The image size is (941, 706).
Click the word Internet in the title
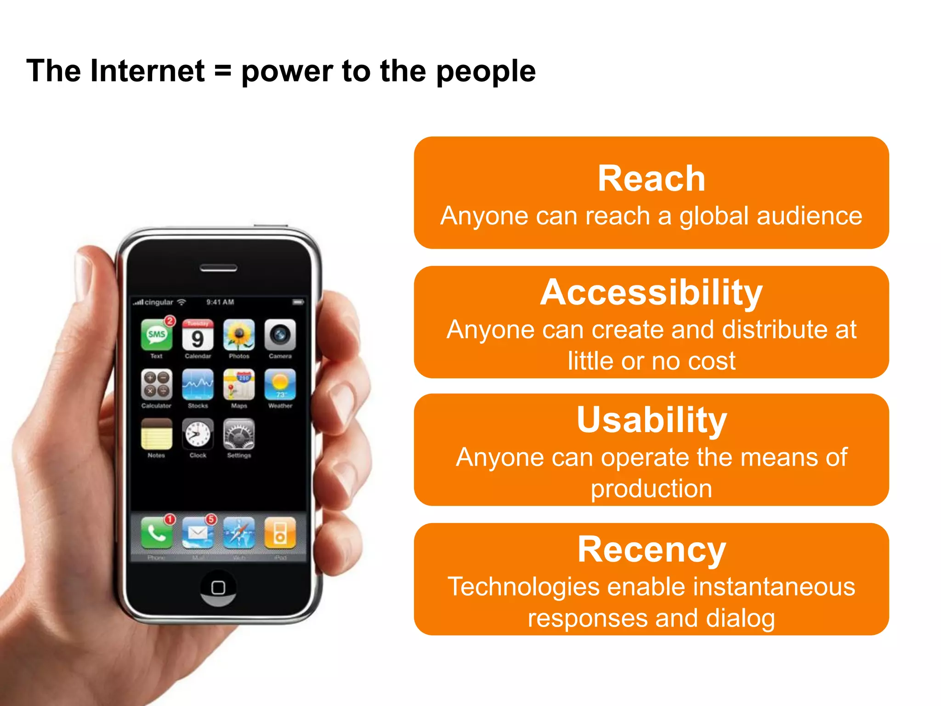[x=147, y=72]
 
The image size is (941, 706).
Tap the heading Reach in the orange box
[x=651, y=178]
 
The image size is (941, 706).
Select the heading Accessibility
[x=651, y=292]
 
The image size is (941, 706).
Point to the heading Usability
[x=651, y=420]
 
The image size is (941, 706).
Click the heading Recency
[x=651, y=549]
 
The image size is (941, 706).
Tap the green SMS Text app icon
[x=157, y=335]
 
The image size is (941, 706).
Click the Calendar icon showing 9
[x=198, y=335]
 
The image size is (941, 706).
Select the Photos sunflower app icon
[x=239, y=335]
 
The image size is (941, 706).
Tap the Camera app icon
[x=280, y=335]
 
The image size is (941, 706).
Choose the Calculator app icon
[x=157, y=385]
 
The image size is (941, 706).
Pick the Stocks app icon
[x=198, y=385]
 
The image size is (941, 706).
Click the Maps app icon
[x=239, y=385]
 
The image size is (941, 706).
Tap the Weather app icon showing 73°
[x=280, y=385]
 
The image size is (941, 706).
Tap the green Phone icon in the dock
[x=157, y=533]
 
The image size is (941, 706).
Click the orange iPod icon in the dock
[x=280, y=533]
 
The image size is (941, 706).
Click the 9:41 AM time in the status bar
[x=220, y=302]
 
